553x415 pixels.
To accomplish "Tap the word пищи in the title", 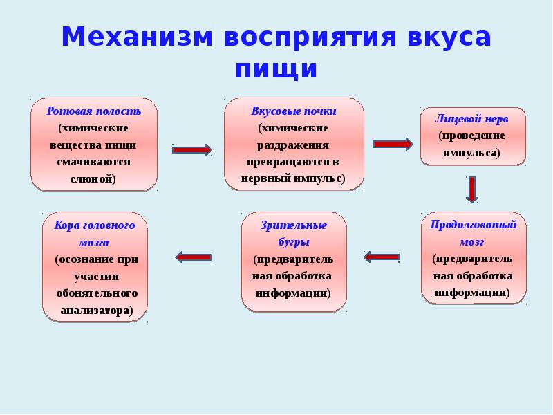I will [276, 69].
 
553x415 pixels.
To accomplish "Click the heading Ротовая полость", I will [94, 111].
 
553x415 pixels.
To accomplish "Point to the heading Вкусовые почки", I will [294, 111].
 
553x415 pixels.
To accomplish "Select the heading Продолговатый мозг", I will [474, 232].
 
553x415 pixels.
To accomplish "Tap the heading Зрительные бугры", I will [294, 234].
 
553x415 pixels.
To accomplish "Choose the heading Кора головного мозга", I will [94, 234].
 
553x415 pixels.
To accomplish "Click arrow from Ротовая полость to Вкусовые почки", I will [191, 149].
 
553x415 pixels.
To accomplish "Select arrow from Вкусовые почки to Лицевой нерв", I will [392, 144].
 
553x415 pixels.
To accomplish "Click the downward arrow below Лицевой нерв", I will [471, 189].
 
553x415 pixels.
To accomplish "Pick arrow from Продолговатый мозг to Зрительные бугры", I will [382, 257].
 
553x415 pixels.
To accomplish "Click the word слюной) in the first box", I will [94, 178].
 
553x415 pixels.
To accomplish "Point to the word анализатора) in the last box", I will [95, 311].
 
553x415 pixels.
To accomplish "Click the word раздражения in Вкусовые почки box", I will [294, 145].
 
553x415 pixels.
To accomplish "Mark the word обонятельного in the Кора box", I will [94, 293].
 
